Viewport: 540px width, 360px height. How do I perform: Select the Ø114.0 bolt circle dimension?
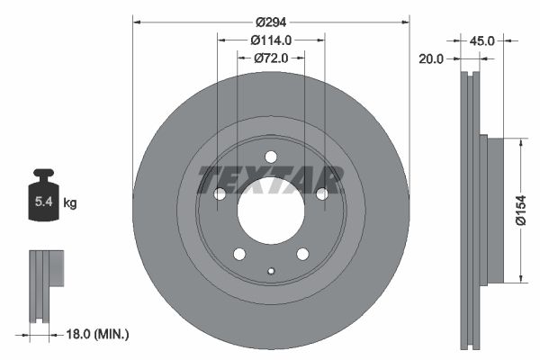(271, 40)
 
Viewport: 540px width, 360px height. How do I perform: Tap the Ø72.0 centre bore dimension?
(271, 58)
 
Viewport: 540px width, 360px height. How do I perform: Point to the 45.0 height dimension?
(483, 40)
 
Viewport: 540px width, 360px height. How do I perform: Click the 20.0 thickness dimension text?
(433, 58)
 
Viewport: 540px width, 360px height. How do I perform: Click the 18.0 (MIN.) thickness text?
(99, 334)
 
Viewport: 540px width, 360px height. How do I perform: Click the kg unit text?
(70, 203)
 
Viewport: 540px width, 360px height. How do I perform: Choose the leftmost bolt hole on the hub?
(220, 193)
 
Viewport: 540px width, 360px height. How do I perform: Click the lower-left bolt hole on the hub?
(239, 253)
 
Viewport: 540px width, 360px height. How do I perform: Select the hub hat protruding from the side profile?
(483, 210)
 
